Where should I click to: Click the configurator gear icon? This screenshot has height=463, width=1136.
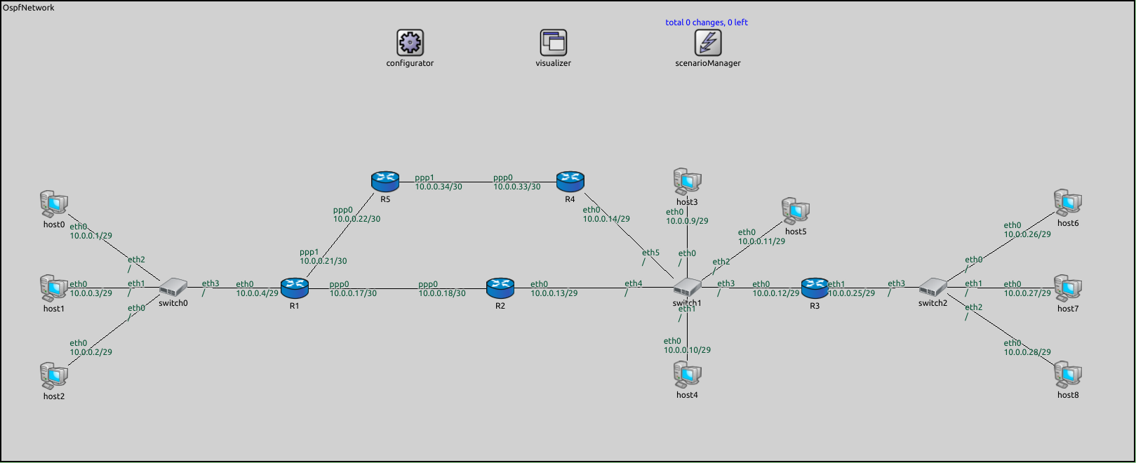pos(410,43)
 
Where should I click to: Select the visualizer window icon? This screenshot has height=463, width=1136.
pos(553,43)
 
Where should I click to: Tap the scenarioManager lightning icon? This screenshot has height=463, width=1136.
pos(707,43)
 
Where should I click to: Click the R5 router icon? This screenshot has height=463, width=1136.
pos(385,182)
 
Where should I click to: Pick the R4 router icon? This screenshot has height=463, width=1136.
pos(570,182)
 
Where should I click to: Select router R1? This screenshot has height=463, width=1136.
pos(294,286)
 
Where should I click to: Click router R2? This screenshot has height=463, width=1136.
pos(500,286)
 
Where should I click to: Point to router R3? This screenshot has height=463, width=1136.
pos(814,286)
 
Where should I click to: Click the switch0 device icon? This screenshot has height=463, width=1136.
pos(173,287)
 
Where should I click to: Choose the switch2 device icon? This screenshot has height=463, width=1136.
pos(933,287)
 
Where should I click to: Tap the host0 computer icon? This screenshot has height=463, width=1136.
pos(53,204)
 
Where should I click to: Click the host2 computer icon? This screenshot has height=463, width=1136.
pos(53,376)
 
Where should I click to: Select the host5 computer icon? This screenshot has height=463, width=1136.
pos(795,210)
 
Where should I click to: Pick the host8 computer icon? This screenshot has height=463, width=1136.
pos(1067,375)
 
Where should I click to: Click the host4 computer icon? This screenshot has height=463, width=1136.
pos(687,375)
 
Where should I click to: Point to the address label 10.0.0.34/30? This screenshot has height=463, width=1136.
pos(438,187)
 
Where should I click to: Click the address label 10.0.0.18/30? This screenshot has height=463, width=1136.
pos(441,293)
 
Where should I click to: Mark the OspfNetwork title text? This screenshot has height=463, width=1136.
pos(28,8)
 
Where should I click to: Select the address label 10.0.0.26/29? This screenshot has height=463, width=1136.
pos(1027,234)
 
